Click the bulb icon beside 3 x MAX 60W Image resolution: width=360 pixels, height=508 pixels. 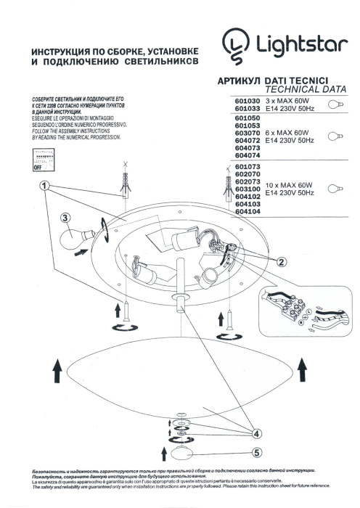(335, 105)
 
